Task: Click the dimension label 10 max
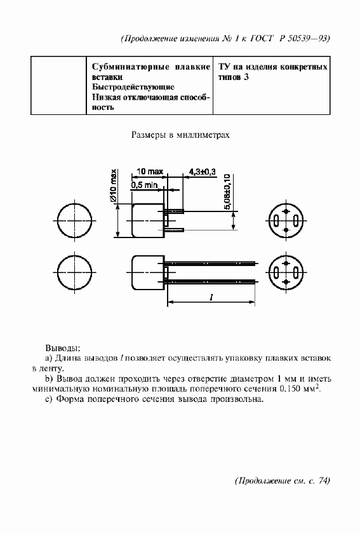click(150, 171)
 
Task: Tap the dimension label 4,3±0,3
click(203, 171)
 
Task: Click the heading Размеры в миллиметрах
click(180, 135)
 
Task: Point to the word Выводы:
click(62, 348)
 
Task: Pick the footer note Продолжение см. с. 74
click(283, 480)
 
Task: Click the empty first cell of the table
click(58, 86)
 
